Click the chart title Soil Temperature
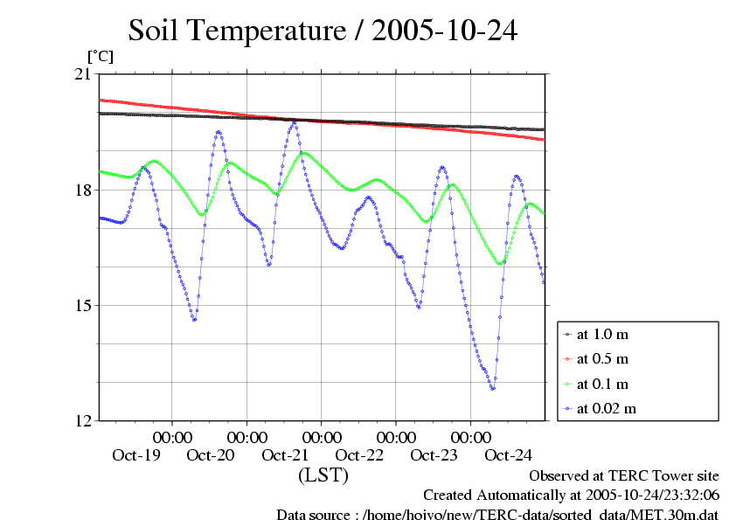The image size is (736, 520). click(x=323, y=31)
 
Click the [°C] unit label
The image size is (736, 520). click(x=100, y=56)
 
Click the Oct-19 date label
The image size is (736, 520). click(x=136, y=454)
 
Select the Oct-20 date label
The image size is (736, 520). click(x=211, y=454)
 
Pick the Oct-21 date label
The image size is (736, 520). click(x=285, y=454)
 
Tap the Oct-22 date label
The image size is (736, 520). click(x=359, y=454)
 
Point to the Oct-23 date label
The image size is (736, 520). click(x=434, y=454)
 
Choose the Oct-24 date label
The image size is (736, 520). click(x=508, y=454)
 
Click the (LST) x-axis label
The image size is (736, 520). click(x=323, y=475)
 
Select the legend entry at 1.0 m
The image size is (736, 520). click(x=602, y=334)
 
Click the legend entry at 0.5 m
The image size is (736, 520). click(x=602, y=358)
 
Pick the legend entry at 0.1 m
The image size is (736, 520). click(x=602, y=384)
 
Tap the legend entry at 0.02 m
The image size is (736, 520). click(x=606, y=408)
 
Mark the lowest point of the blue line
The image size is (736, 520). click(x=493, y=389)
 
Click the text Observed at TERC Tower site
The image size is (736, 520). click(x=624, y=476)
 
